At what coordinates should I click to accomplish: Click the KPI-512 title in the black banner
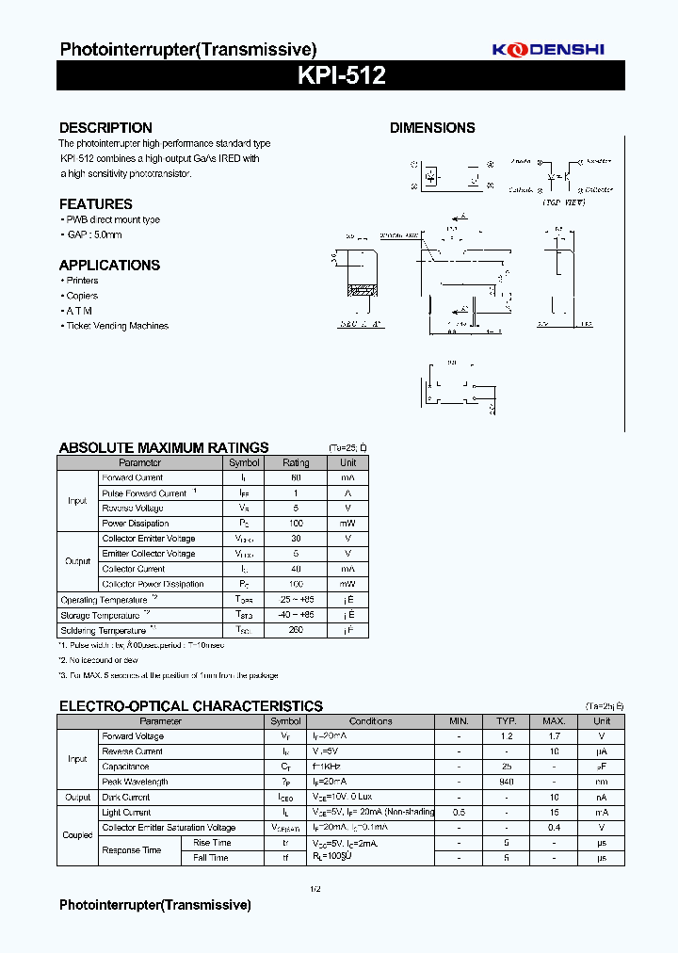click(341, 76)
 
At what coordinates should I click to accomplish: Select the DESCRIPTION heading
click(105, 128)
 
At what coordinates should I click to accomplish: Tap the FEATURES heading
click(95, 204)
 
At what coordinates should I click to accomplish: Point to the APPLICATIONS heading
click(109, 266)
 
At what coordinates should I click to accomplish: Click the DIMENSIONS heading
click(432, 128)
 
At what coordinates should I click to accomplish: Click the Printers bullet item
click(82, 281)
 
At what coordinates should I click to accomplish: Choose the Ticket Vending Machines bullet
click(117, 326)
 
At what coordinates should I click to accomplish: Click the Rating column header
click(296, 462)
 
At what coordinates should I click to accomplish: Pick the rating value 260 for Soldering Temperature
click(296, 630)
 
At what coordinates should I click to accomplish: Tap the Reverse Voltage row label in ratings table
click(133, 509)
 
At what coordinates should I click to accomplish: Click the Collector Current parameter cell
click(134, 569)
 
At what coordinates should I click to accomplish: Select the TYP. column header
click(507, 721)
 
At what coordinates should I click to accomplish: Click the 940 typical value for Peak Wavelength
click(507, 782)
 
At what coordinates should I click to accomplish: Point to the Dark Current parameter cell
click(126, 798)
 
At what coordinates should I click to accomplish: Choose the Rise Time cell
click(212, 843)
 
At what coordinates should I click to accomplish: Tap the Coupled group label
click(77, 835)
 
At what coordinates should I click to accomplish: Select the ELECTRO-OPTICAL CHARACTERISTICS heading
click(190, 706)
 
